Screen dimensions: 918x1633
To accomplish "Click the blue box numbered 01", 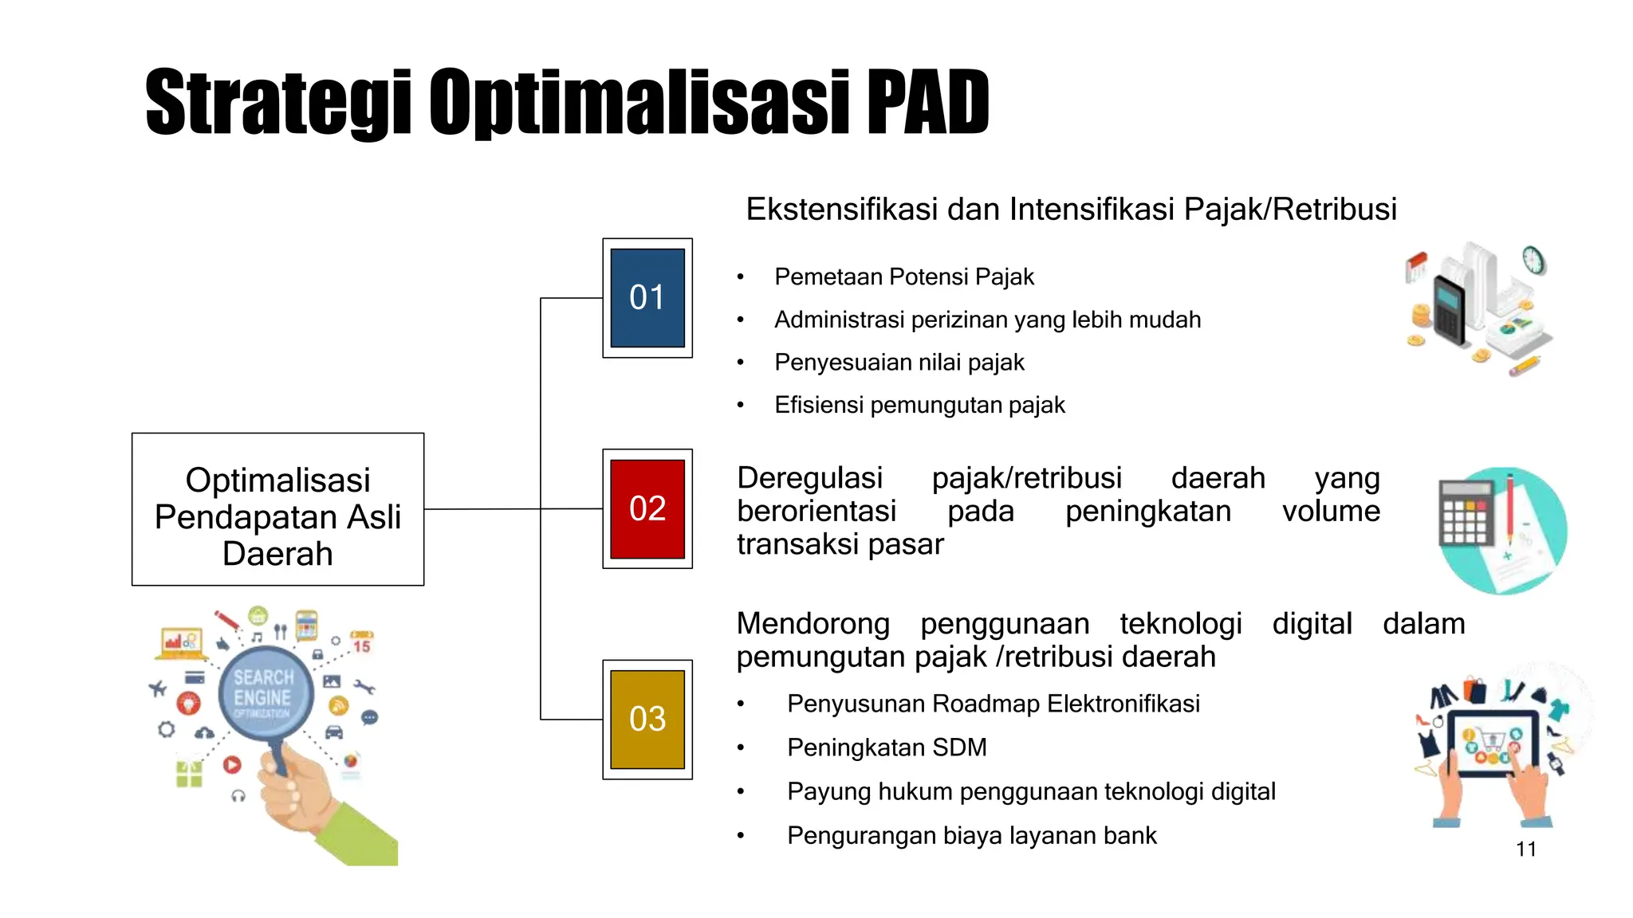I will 647,298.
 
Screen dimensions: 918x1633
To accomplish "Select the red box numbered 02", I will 647,508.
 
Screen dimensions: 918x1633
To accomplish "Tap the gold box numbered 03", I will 647,719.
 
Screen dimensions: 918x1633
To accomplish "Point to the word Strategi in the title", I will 278,104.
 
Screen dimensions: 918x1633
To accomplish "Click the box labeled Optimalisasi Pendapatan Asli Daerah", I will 277,510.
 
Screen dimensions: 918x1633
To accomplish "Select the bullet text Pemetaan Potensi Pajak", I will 903,277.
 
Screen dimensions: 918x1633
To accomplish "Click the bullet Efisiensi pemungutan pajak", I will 919,405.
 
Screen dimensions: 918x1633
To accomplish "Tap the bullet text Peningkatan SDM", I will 886,747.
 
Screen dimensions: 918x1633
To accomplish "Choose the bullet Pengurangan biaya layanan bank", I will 971,835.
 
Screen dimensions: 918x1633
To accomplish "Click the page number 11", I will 1525,849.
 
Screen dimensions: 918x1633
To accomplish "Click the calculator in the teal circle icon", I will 1466,514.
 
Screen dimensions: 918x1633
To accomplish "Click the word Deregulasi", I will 809,478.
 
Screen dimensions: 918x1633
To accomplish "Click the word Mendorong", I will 813,624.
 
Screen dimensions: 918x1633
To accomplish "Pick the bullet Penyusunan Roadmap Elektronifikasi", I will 993,704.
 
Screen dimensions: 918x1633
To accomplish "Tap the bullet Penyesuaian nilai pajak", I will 899,363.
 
